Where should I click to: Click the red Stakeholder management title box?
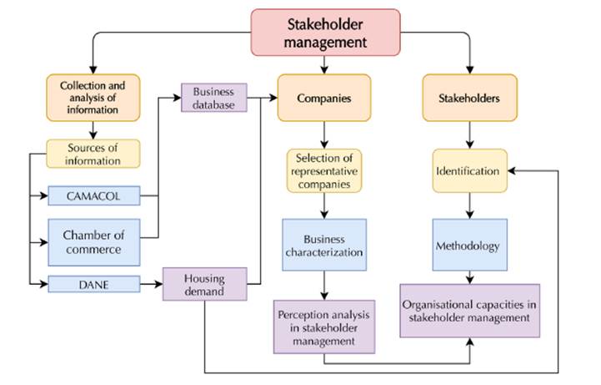click(x=326, y=33)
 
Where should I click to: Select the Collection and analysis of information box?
click(x=93, y=98)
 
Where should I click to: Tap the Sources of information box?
click(x=93, y=153)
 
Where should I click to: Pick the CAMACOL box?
click(x=93, y=197)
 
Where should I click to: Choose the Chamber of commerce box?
click(x=93, y=241)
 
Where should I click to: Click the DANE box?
click(x=93, y=284)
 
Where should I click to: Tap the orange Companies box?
click(x=324, y=98)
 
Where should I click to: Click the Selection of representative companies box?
click(x=324, y=170)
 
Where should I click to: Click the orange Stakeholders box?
click(x=469, y=98)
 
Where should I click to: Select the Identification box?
click(x=469, y=171)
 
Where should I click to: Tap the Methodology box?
click(x=469, y=246)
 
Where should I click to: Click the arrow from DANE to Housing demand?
click(x=151, y=285)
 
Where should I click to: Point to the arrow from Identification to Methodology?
click(x=469, y=205)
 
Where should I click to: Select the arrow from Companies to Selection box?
click(x=324, y=134)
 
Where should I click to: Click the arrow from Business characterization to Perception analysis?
click(x=324, y=289)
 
